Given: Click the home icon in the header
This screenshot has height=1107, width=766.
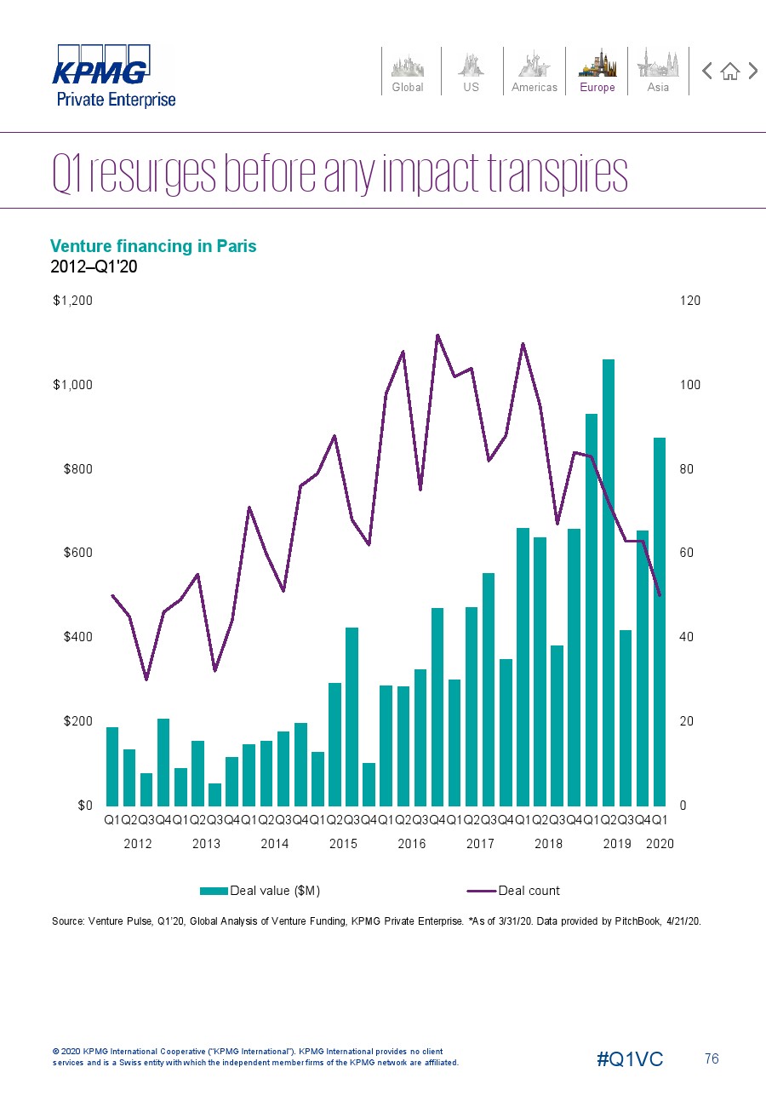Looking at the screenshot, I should pos(729,72).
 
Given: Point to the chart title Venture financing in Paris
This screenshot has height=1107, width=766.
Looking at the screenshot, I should pos(153,246).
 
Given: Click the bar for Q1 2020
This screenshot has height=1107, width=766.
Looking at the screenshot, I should pos(660,622).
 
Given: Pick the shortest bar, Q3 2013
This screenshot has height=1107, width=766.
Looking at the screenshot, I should pos(214,794).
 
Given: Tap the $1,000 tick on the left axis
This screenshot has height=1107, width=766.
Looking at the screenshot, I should pos(72,385).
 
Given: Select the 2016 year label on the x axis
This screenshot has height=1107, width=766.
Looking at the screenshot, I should pos(412,844).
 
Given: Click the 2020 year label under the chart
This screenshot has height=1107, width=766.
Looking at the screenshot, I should pos(660,844).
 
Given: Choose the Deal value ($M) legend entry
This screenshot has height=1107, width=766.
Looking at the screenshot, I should pos(260,891).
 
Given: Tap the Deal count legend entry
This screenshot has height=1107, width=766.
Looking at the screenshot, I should pos(515,891).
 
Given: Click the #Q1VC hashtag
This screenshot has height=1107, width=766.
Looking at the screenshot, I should pos(630,1059).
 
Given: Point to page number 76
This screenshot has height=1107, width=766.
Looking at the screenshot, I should pos(712,1059).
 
